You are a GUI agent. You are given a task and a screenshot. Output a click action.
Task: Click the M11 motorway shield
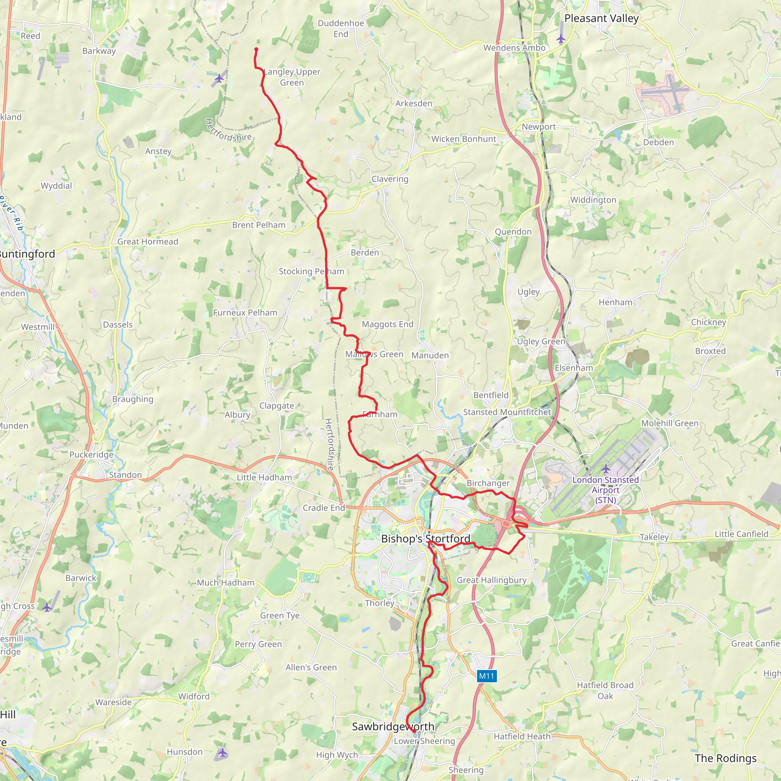coord(486,676)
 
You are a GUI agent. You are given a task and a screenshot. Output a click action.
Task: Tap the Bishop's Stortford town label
coord(425,538)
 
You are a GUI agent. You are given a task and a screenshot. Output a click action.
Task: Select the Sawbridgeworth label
coord(393,726)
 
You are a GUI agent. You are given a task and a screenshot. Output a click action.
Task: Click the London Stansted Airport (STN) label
coord(606,490)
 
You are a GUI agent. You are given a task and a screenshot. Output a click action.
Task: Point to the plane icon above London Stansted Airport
coord(606,469)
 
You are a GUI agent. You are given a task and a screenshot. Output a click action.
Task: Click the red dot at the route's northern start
coord(256,49)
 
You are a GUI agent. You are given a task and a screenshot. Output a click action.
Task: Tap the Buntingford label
coord(27,254)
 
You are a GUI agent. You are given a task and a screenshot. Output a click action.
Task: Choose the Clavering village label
coord(390,179)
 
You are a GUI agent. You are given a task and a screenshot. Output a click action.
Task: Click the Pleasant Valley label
coord(601,19)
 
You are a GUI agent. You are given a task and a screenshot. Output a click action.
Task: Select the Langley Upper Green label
coord(292,77)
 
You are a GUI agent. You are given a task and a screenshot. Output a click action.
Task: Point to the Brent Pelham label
coord(259,225)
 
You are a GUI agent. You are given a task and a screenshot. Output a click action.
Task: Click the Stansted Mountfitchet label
coord(507,412)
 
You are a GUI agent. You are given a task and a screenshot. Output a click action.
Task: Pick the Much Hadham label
coord(226,583)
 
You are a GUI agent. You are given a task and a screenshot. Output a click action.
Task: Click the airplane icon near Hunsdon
coord(222,753)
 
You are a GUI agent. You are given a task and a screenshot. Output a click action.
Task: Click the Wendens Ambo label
coord(514,48)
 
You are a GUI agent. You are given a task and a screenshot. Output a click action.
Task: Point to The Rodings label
coord(726,759)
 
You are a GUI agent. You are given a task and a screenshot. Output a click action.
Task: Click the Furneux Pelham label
coord(245,312)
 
